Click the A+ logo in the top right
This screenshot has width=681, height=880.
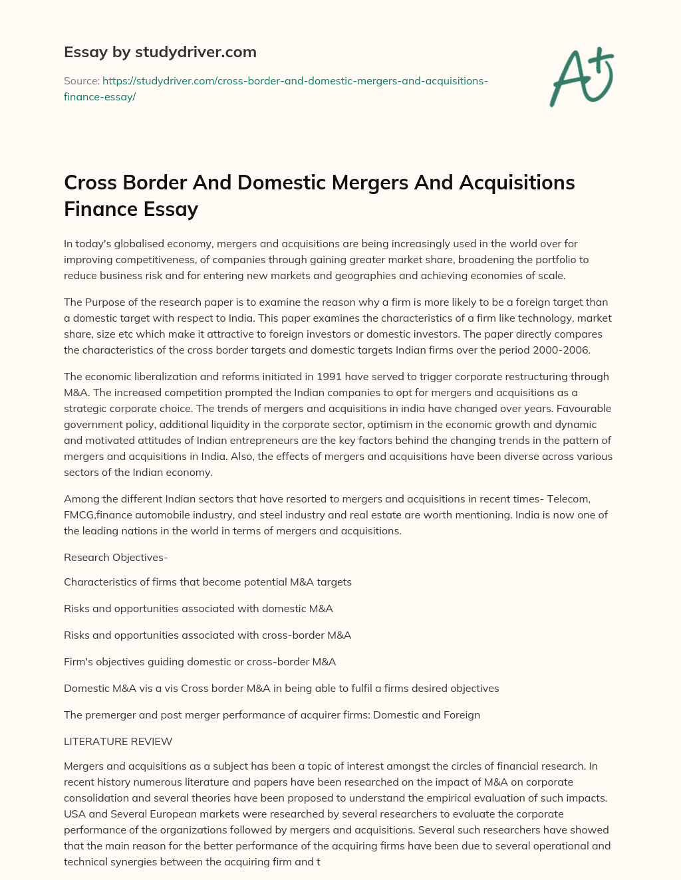581,76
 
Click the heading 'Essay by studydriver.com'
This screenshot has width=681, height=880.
160,52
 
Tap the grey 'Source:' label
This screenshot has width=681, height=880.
82,81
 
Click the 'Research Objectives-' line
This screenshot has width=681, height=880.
116,558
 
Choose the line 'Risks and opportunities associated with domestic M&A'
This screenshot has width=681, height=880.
198,609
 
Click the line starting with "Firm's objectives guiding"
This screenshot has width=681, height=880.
200,662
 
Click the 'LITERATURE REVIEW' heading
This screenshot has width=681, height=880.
118,742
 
